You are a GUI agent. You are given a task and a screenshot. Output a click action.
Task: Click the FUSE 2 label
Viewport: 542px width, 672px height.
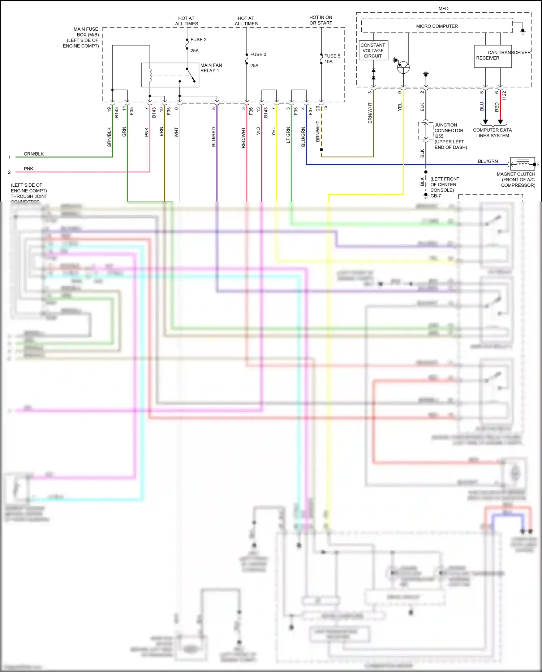pyautogui.click(x=198, y=40)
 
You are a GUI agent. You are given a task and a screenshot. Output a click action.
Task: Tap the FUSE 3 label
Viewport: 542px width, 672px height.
pyautogui.click(x=258, y=55)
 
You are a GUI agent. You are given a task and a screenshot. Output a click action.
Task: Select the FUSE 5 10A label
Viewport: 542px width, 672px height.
pyautogui.click(x=332, y=59)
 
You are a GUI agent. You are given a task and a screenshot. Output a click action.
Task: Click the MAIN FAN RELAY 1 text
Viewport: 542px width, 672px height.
pyautogui.click(x=211, y=68)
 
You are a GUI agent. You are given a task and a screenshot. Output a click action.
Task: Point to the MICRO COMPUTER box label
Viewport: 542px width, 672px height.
pyautogui.click(x=437, y=26)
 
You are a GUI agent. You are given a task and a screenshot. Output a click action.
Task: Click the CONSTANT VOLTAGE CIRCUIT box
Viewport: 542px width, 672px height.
pyautogui.click(x=373, y=51)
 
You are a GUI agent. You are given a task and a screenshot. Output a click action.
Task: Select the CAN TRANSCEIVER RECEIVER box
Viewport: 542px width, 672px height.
pyautogui.click(x=492, y=56)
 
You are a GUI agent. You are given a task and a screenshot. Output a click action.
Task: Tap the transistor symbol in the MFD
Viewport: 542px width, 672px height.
pyautogui.click(x=403, y=67)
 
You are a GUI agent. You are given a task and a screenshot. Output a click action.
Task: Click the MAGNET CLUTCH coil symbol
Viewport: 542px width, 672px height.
pyautogui.click(x=522, y=164)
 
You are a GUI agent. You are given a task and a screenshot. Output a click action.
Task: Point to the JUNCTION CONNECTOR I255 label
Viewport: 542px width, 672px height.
pyautogui.click(x=448, y=131)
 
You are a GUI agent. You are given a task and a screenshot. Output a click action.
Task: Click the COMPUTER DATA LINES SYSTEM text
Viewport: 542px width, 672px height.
pyautogui.click(x=492, y=133)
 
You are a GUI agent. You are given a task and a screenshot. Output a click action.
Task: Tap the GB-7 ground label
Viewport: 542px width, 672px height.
pyautogui.click(x=435, y=196)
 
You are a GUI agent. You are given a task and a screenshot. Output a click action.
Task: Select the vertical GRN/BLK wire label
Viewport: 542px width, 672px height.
pyautogui.click(x=109, y=137)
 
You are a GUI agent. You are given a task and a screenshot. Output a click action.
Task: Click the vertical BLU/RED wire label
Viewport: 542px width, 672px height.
pyautogui.click(x=214, y=137)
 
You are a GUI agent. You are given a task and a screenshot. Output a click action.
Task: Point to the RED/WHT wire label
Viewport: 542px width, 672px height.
pyautogui.click(x=243, y=138)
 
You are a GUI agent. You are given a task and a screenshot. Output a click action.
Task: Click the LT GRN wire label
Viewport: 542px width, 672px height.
pyautogui.click(x=288, y=135)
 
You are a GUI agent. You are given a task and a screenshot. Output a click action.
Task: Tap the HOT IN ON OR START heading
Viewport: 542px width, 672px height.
pyautogui.click(x=321, y=20)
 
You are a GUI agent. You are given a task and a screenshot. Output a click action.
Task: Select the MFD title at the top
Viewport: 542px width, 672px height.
pyautogui.click(x=443, y=9)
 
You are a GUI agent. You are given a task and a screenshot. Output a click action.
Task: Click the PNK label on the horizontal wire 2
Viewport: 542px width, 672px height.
pyautogui.click(x=29, y=169)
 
